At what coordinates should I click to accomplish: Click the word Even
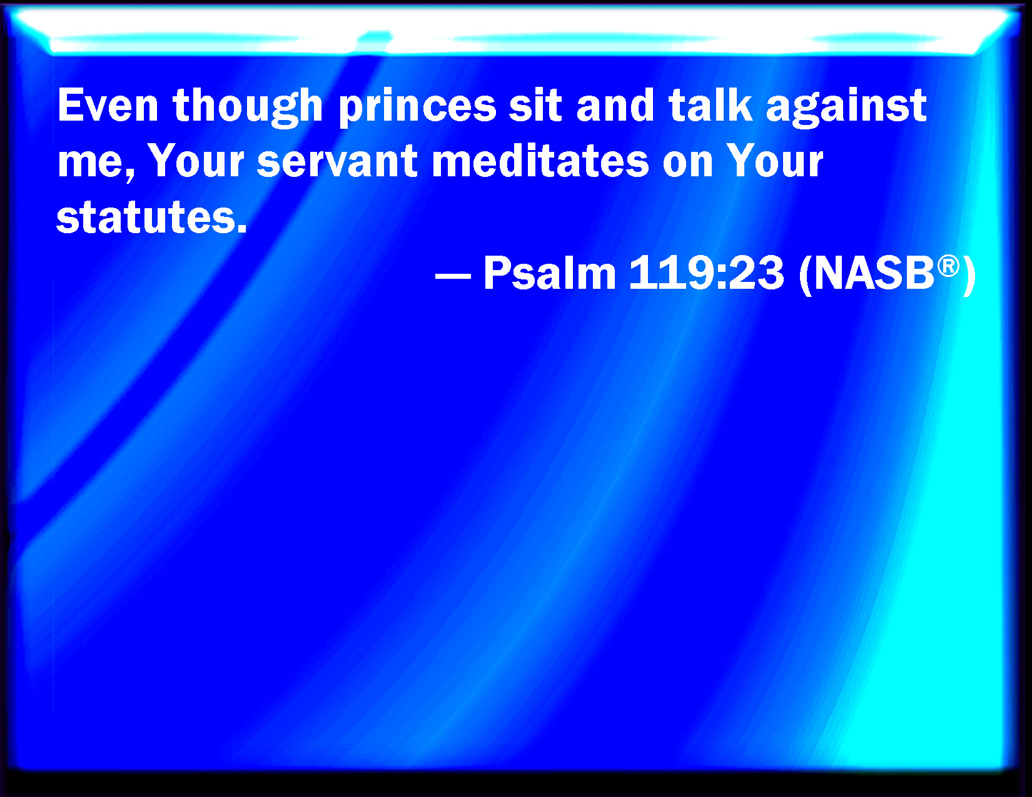108,105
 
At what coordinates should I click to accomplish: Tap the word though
248,108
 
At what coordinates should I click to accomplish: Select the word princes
417,109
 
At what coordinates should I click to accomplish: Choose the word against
846,108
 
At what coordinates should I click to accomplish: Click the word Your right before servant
196,161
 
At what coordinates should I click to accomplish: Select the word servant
337,161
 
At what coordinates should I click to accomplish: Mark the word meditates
540,161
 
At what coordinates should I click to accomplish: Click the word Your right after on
774,161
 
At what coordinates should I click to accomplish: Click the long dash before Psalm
453,275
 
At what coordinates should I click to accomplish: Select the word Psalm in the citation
550,273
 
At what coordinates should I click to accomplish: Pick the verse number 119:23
706,273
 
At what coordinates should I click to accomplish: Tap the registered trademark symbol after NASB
948,266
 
